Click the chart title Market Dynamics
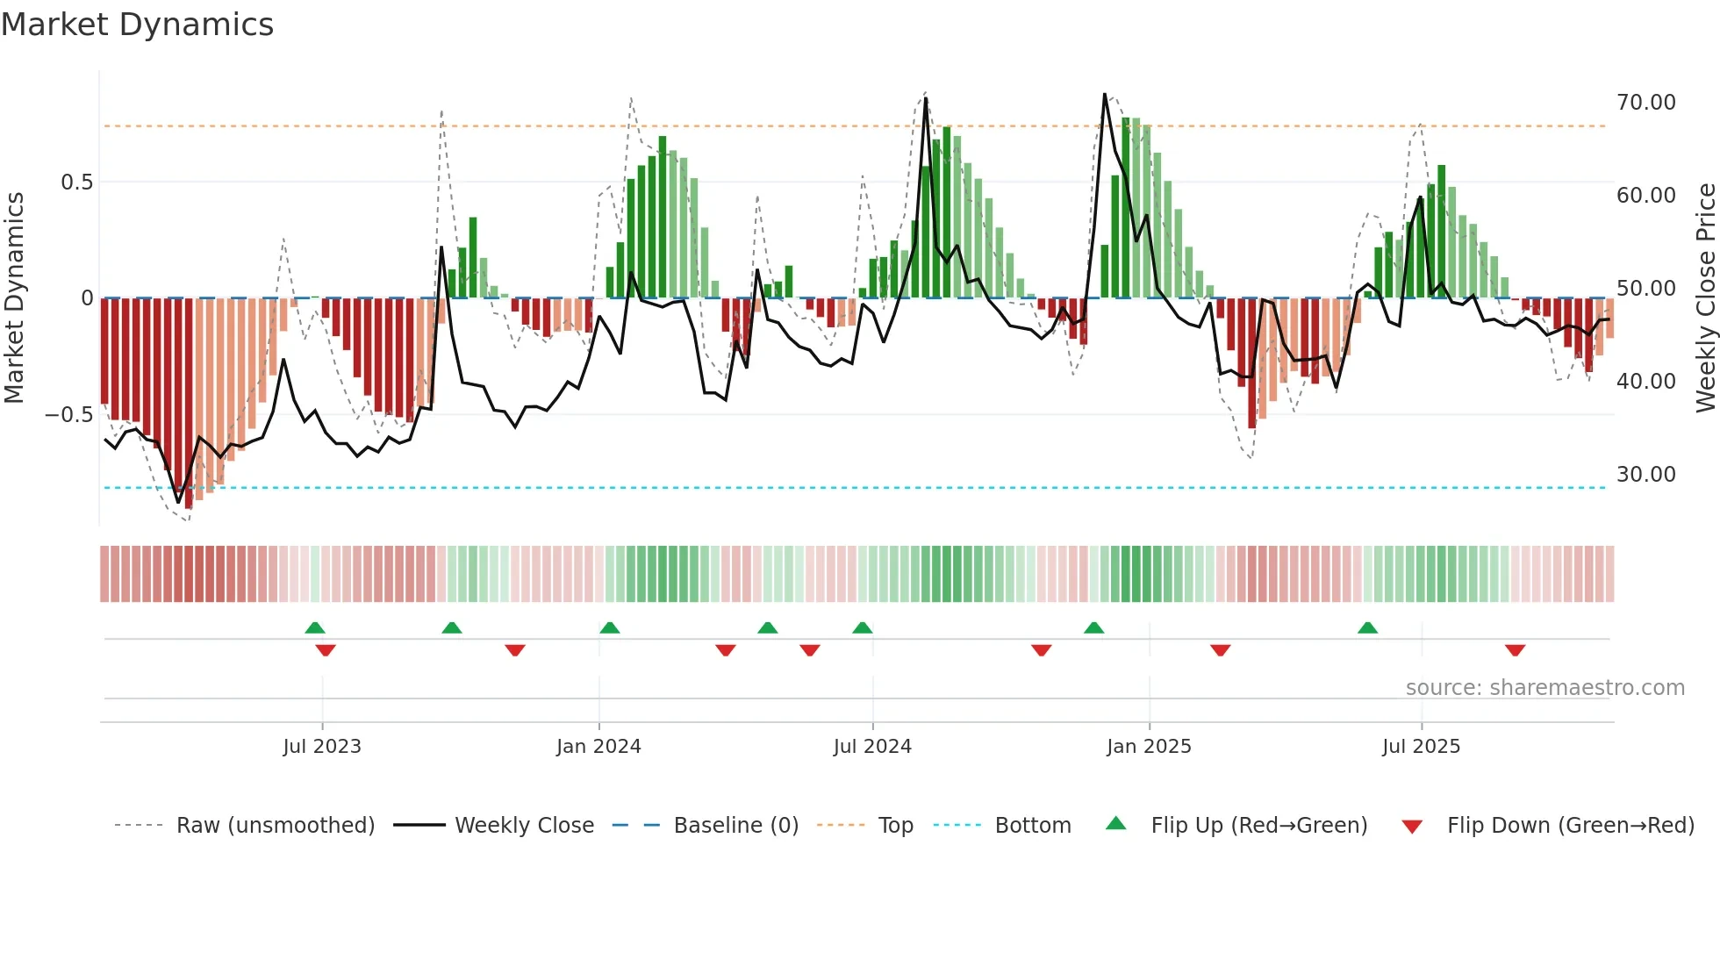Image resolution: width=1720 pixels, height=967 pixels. coord(137,25)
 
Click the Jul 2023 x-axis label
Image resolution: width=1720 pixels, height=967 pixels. coord(322,747)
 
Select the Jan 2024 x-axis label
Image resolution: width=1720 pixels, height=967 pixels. coord(598,747)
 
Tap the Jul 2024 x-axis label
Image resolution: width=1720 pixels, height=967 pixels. coord(872,747)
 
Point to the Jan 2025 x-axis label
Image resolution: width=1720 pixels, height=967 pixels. coord(1149,747)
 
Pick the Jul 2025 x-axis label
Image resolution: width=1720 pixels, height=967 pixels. coord(1421,747)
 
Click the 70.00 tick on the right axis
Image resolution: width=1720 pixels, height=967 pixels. coord(1646,103)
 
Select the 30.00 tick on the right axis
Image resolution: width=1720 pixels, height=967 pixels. coord(1646,475)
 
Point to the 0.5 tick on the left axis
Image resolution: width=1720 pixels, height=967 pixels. coord(76,183)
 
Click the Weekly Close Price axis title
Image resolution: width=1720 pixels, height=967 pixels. coord(1705,298)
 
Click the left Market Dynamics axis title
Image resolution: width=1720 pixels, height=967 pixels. coord(14,298)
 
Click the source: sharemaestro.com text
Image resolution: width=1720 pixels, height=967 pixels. coord(1544,688)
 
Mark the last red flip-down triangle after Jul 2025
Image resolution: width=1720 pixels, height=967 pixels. coord(1515,650)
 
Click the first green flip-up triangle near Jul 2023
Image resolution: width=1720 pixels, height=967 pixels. coord(315,627)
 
